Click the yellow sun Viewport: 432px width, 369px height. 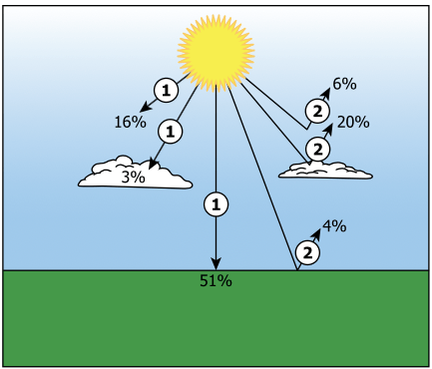pyautogui.click(x=216, y=53)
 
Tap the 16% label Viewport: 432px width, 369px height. pyautogui.click(x=130, y=122)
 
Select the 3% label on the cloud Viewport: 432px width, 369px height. pyautogui.click(x=133, y=177)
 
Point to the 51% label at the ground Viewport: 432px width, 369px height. pyautogui.click(x=216, y=281)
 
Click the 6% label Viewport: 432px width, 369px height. pyautogui.click(x=344, y=84)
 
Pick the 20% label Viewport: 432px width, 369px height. pyautogui.click(x=353, y=123)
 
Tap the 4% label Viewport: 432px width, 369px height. pyautogui.click(x=334, y=226)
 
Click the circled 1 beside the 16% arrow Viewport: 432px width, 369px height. pyautogui.click(x=166, y=91)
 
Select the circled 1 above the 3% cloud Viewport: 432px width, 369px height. pyautogui.click(x=171, y=132)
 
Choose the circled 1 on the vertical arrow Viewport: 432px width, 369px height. pyautogui.click(x=216, y=204)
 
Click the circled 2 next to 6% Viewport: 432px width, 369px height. pyautogui.click(x=317, y=112)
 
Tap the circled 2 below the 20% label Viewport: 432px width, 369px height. pyautogui.click(x=317, y=150)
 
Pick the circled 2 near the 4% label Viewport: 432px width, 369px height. pyautogui.click(x=307, y=252)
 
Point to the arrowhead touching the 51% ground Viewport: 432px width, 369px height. pyautogui.click(x=216, y=264)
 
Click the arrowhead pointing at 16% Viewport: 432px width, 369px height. pyautogui.click(x=145, y=107)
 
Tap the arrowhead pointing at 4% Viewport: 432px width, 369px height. pyautogui.click(x=317, y=233)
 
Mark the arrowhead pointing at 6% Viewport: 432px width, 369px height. pyautogui.click(x=326, y=94)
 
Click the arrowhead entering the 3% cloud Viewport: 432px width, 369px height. pyautogui.click(x=153, y=165)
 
